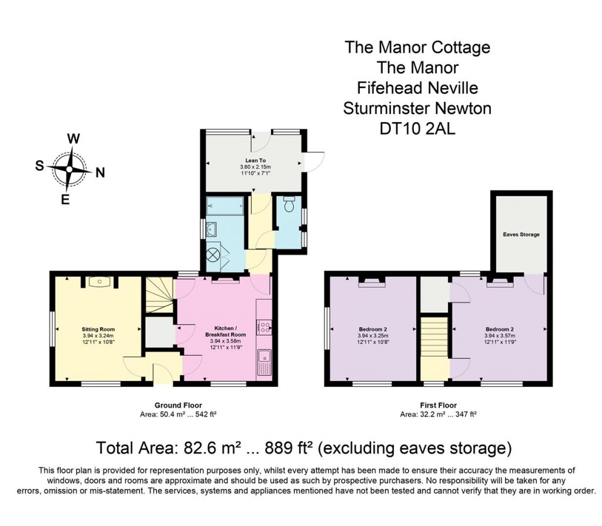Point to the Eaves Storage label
(521, 234)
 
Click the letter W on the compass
(73, 139)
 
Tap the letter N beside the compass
(100, 173)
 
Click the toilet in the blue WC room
(289, 205)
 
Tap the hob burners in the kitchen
(263, 327)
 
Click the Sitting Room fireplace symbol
(99, 282)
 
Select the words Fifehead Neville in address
(417, 88)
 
